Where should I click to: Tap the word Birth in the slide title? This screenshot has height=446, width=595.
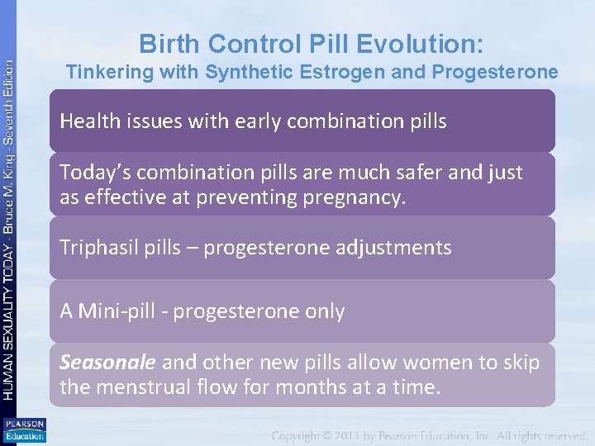click(166, 43)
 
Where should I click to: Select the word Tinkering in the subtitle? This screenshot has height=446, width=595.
click(105, 73)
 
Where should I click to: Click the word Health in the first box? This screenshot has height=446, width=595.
click(88, 121)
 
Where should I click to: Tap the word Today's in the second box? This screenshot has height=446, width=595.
click(94, 173)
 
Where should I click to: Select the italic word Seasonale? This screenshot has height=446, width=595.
click(107, 363)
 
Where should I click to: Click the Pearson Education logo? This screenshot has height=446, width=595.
click(24, 430)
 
